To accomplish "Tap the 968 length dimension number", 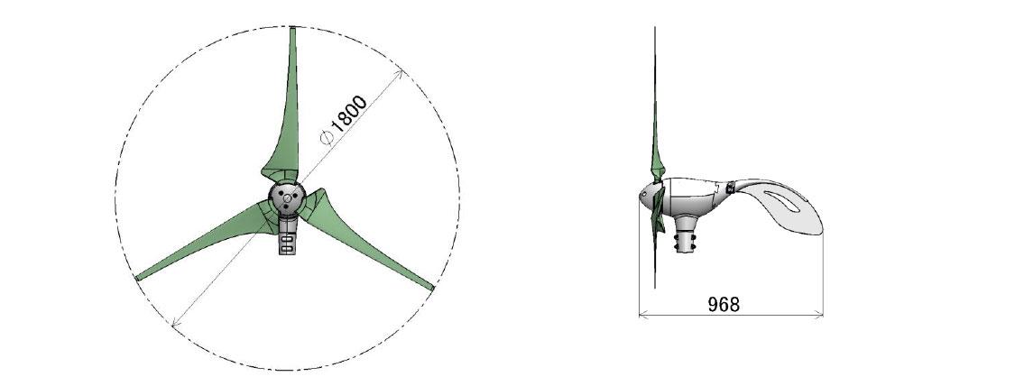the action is click(x=723, y=304).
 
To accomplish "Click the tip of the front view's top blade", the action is click(x=292, y=28).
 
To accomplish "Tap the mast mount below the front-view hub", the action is click(x=288, y=236).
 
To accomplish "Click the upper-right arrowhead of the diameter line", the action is click(x=401, y=72).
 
